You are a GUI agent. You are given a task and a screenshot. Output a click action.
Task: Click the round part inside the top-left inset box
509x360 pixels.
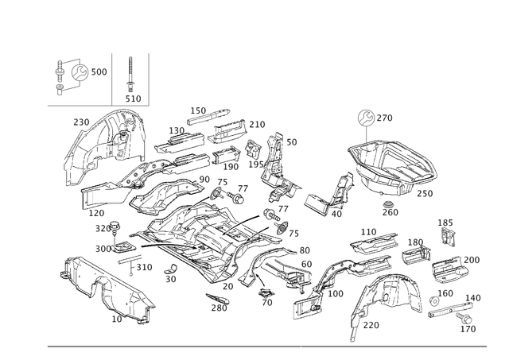click(79, 74)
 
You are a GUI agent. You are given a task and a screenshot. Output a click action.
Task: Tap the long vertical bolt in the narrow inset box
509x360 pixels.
click(131, 75)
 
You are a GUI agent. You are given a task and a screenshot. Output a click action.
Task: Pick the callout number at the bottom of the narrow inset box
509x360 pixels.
click(136, 97)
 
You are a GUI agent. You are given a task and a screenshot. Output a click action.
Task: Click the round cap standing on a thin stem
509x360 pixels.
click(365, 117)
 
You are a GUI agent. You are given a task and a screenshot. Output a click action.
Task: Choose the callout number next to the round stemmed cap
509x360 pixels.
click(388, 118)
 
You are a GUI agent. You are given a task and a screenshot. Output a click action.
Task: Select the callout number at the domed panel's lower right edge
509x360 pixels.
click(430, 192)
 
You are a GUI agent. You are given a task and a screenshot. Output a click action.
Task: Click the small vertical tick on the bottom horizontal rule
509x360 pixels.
click(301, 347)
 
